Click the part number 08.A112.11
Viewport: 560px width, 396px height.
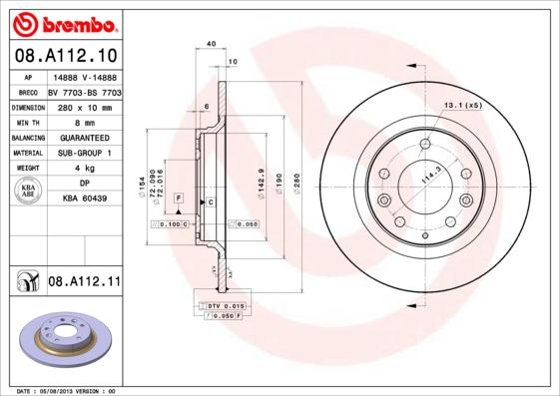(84, 282)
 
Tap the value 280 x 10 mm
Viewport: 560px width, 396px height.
(84, 106)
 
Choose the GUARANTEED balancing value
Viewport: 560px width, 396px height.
(84, 137)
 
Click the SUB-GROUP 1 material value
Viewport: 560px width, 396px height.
(84, 153)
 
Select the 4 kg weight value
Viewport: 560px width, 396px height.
(84, 169)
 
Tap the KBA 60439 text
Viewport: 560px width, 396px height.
(84, 199)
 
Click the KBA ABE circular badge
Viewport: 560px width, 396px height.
(29, 192)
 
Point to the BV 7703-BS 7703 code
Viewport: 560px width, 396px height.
(84, 90)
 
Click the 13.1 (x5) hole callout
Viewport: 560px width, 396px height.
(462, 105)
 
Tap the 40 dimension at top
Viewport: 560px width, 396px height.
(211, 45)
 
